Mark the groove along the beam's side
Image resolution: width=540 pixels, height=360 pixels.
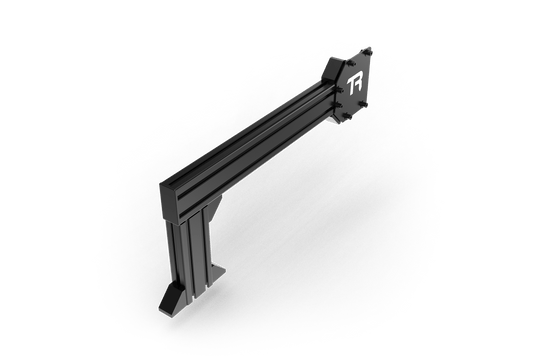tap(260, 140)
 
